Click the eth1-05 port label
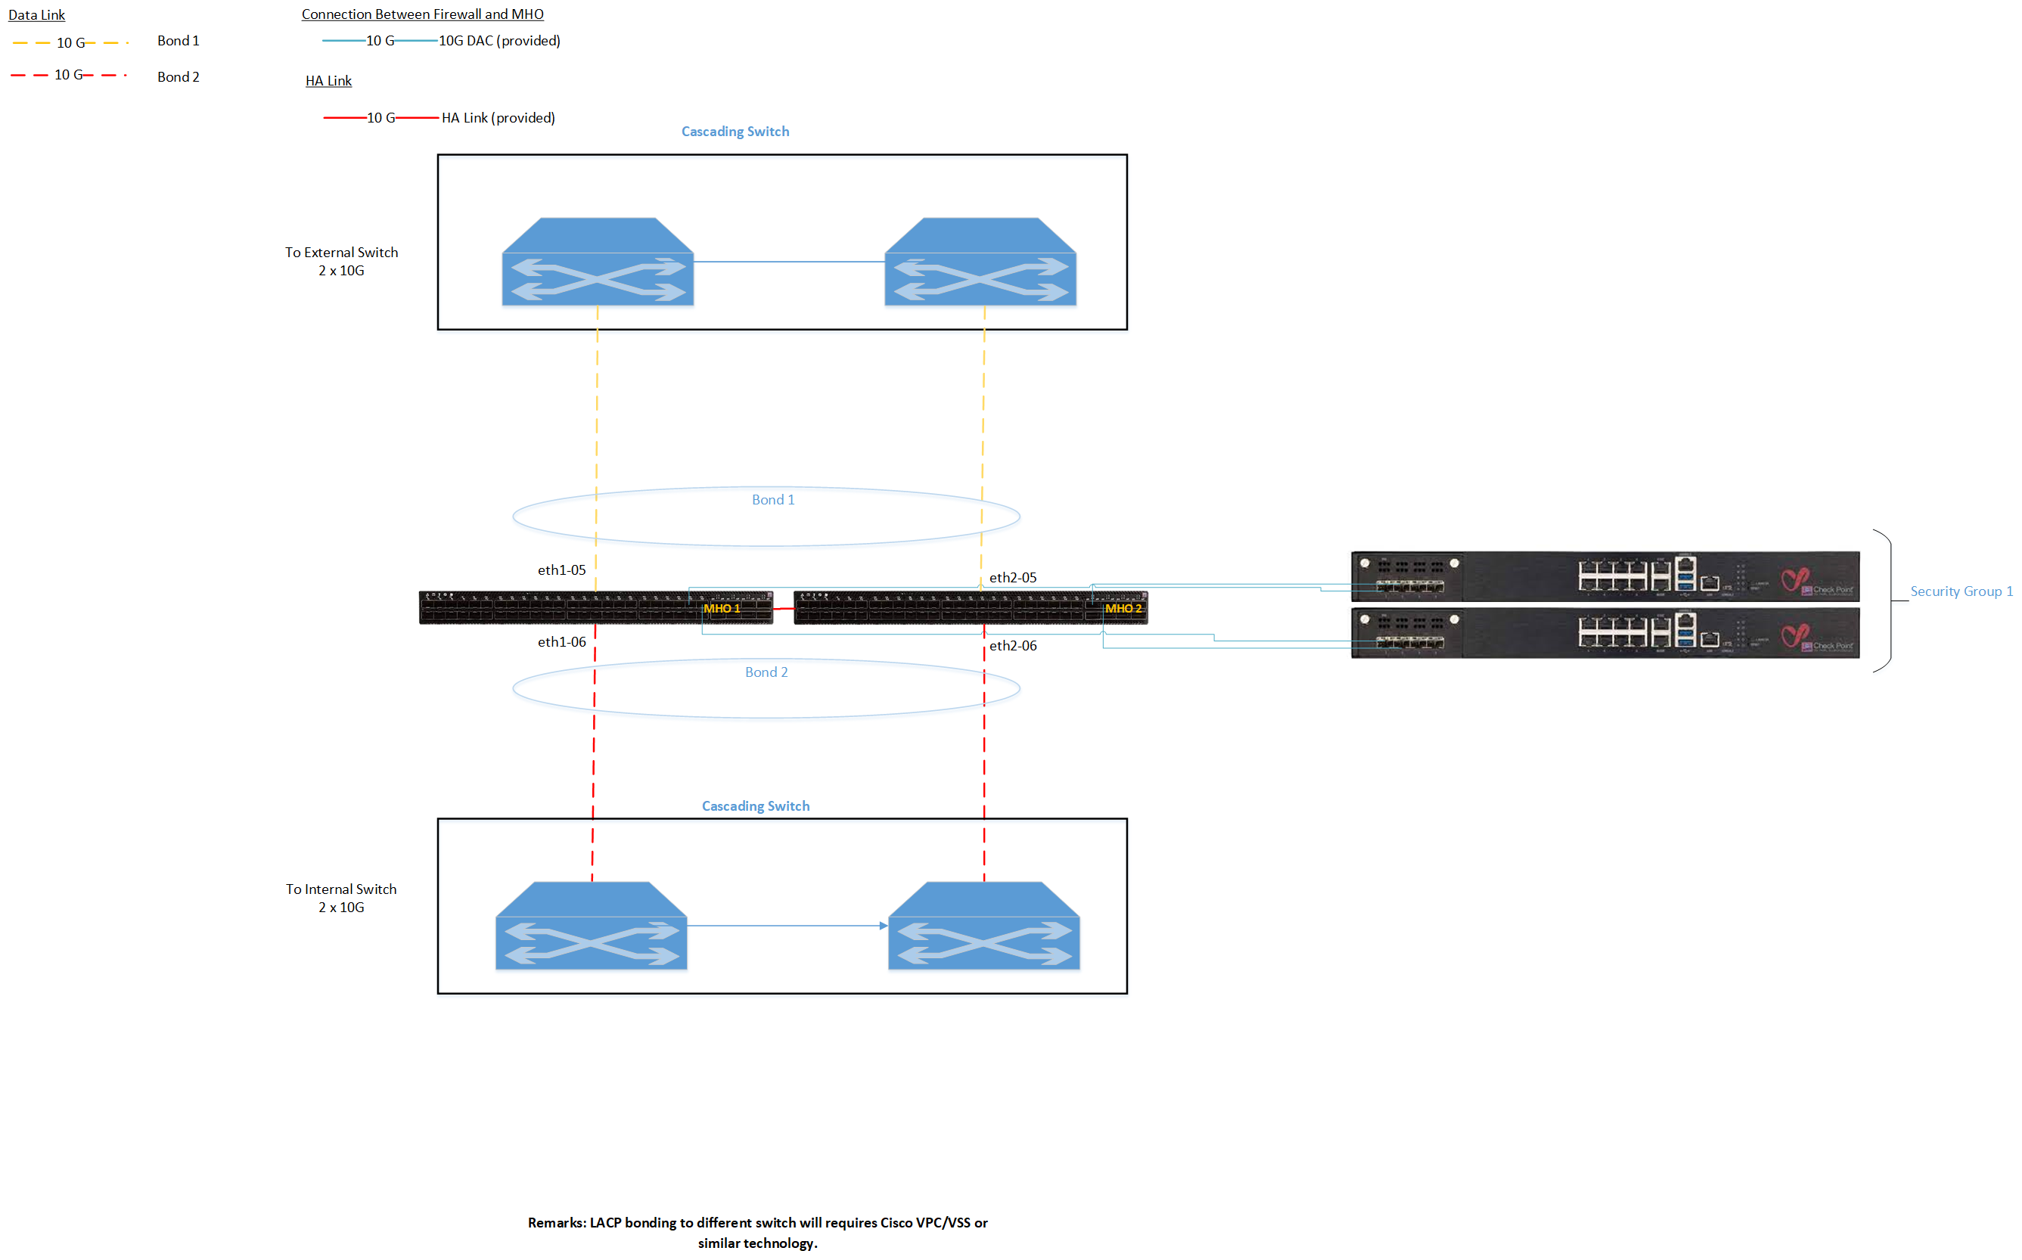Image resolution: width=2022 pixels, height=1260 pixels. pyautogui.click(x=561, y=570)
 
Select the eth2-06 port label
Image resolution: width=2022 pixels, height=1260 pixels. pyautogui.click(x=1013, y=646)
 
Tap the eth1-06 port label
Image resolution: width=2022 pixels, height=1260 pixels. pyautogui.click(x=561, y=641)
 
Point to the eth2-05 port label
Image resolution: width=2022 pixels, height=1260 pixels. pyautogui.click(x=1013, y=578)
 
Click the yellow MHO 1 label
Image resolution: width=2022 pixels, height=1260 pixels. pyautogui.click(x=721, y=608)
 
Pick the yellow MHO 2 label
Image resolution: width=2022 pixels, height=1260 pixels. pyautogui.click(x=1123, y=608)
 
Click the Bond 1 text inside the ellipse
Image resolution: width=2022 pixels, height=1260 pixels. pyautogui.click(x=772, y=500)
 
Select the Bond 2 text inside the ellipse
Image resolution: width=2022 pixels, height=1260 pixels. pyautogui.click(x=766, y=672)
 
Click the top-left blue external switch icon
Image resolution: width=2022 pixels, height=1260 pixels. pyautogui.click(x=598, y=262)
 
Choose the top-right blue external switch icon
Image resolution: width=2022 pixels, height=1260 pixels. pyautogui.click(x=980, y=262)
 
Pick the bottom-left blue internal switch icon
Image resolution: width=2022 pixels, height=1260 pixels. pyautogui.click(x=591, y=926)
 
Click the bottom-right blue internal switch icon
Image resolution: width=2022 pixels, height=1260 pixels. pyautogui.click(x=983, y=926)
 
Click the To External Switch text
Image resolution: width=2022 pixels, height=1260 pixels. pyautogui.click(x=341, y=253)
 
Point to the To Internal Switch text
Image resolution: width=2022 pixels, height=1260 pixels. pyautogui.click(x=341, y=889)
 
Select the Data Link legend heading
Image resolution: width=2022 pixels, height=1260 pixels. pyautogui.click(x=36, y=15)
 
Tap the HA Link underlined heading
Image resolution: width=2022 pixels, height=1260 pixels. pyautogui.click(x=328, y=81)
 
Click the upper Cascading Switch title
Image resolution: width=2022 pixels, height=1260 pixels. pyautogui.click(x=735, y=132)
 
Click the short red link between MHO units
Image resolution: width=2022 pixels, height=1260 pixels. pyautogui.click(x=784, y=609)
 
